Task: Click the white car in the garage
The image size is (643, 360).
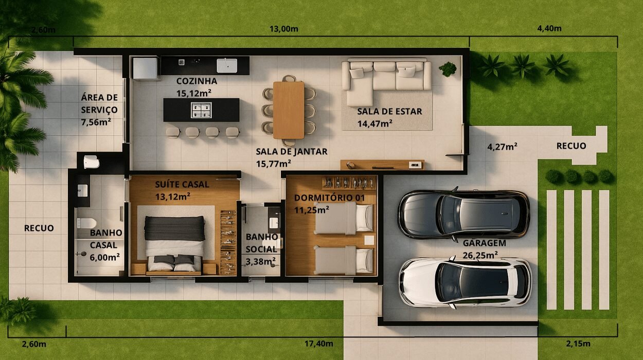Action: pyautogui.click(x=465, y=282)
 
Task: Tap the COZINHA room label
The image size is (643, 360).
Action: pyautogui.click(x=197, y=81)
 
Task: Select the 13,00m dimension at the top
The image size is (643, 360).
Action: pyautogui.click(x=284, y=29)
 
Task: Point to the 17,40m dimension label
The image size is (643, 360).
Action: pyautogui.click(x=319, y=344)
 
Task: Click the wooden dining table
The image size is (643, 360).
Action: pyautogui.click(x=289, y=110)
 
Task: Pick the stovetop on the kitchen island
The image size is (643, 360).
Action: pyautogui.click(x=201, y=110)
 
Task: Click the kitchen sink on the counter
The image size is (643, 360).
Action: pyautogui.click(x=227, y=65)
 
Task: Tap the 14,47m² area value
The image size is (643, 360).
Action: pyautogui.click(x=375, y=123)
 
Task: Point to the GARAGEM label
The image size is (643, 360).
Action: pyautogui.click(x=484, y=243)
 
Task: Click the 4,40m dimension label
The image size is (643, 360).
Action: pyautogui.click(x=549, y=29)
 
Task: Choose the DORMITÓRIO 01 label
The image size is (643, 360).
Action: pyautogui.click(x=323, y=198)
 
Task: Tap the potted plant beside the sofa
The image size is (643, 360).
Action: pyautogui.click(x=448, y=68)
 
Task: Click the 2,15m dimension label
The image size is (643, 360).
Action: pyautogui.click(x=578, y=344)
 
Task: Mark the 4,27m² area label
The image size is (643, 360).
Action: pyautogui.click(x=502, y=147)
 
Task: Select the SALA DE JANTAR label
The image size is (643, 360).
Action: pyautogui.click(x=292, y=152)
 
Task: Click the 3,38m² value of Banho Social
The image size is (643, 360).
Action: pyautogui.click(x=260, y=261)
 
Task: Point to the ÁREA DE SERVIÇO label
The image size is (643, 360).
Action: pyautogui.click(x=99, y=103)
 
